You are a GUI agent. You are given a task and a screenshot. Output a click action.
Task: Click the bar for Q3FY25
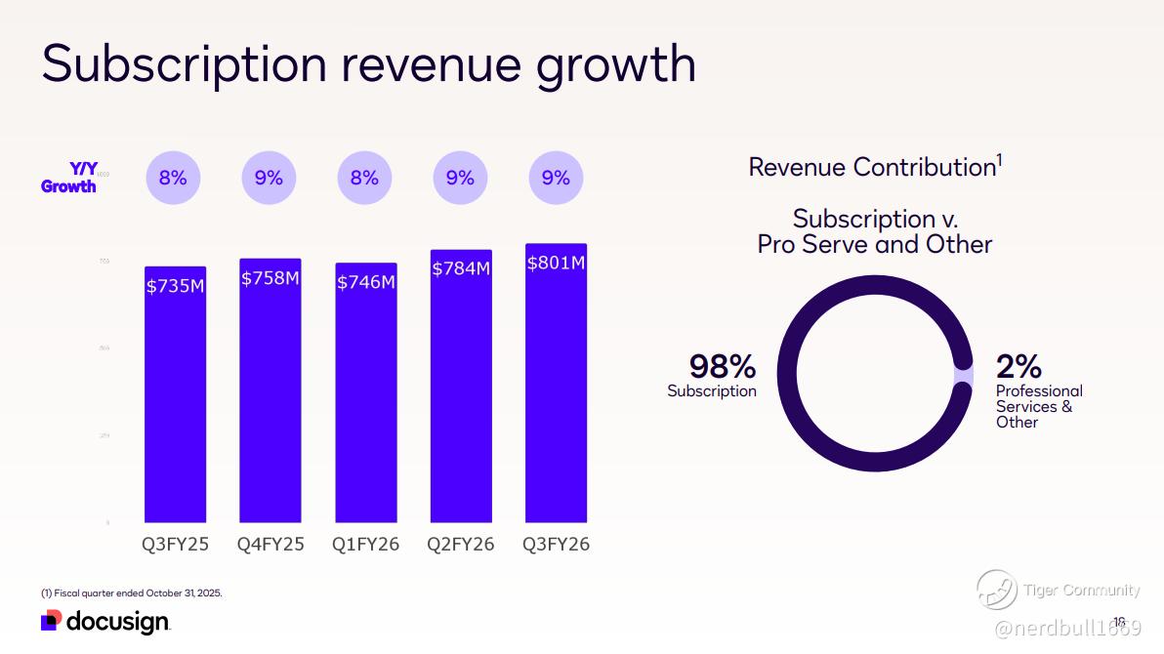[x=175, y=400]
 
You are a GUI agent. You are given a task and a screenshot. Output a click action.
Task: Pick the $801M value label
[x=556, y=263]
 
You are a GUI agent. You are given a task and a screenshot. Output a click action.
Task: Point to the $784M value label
[x=461, y=268]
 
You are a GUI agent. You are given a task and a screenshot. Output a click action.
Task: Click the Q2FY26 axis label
[x=461, y=545]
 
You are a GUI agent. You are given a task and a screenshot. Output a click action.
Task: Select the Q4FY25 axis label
[x=270, y=545]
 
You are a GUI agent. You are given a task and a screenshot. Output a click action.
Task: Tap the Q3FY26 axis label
[x=556, y=545]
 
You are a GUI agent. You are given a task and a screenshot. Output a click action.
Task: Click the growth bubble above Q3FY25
[x=173, y=178]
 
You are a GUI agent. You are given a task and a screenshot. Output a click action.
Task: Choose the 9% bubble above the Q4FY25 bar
[x=269, y=178]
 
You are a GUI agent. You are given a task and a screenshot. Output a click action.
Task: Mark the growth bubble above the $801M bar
[x=556, y=178]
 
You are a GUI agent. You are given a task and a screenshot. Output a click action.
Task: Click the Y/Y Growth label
[x=69, y=178]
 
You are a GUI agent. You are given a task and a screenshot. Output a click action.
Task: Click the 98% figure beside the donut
[x=723, y=366]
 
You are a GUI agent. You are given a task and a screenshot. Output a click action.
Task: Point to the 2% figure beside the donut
[x=1018, y=366]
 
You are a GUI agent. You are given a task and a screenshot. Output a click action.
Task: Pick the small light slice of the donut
[x=964, y=376]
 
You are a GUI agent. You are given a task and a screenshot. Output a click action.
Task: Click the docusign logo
[x=105, y=622]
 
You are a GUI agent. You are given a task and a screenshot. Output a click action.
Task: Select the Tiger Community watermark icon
[x=996, y=590]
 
